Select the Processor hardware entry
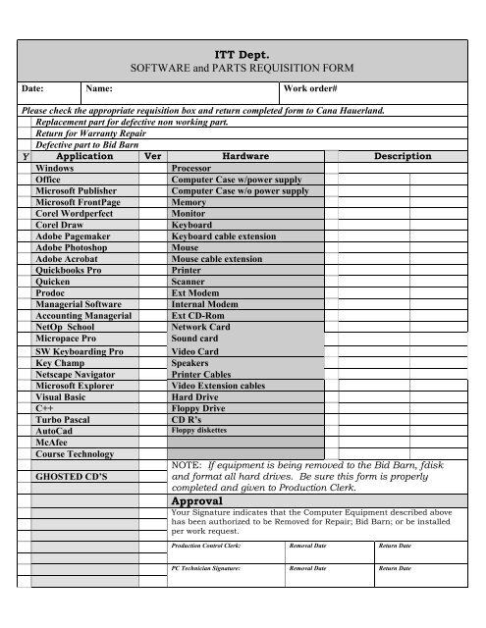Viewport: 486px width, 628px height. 193,168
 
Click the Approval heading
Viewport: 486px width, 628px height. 204,499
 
